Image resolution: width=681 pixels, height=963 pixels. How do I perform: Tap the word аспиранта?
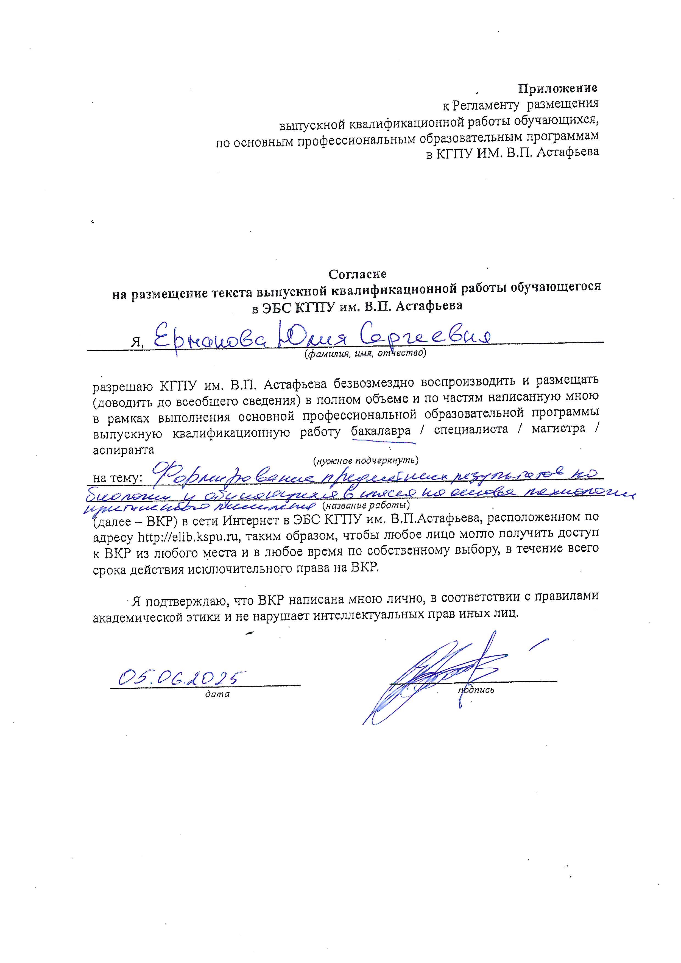[123, 450]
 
